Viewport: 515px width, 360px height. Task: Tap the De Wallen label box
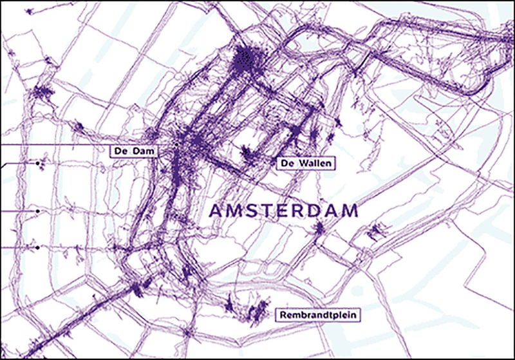(x=306, y=164)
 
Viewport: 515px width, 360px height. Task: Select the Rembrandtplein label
(x=318, y=315)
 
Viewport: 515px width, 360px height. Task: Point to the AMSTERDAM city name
(x=284, y=211)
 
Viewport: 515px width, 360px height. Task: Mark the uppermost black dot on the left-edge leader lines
(x=38, y=164)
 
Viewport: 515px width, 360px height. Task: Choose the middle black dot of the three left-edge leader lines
(x=38, y=211)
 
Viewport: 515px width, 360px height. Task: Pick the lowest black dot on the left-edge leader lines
(x=38, y=247)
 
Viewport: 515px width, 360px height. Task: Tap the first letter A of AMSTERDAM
(x=216, y=211)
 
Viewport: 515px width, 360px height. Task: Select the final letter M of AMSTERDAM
(x=350, y=211)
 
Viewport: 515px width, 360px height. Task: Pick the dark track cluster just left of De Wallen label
(x=247, y=153)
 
